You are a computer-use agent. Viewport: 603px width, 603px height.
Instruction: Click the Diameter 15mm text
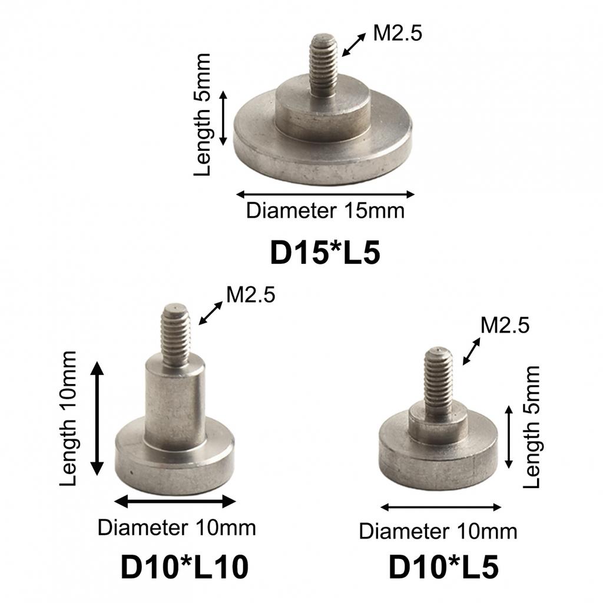coord(325,210)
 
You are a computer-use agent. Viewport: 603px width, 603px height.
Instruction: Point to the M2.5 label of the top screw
coord(397,34)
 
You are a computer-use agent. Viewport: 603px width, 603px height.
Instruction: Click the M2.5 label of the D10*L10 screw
coord(251,295)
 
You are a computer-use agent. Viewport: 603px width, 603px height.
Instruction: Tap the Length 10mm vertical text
coord(69,418)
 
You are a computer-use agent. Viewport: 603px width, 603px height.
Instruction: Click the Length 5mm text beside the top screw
coord(203,115)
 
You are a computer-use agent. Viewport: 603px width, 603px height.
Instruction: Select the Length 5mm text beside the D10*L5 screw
coord(531,427)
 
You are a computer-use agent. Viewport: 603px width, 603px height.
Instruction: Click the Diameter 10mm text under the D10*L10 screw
coord(177,528)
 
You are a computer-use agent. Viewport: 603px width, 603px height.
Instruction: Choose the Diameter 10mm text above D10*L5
coord(438,531)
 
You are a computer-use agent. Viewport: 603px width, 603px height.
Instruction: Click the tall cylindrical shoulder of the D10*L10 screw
coord(175,406)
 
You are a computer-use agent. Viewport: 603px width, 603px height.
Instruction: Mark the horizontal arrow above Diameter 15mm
coord(325,194)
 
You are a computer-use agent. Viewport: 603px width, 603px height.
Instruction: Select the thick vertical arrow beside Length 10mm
coord(97,419)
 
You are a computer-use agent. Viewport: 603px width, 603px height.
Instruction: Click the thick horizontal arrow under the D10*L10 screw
coord(174,501)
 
